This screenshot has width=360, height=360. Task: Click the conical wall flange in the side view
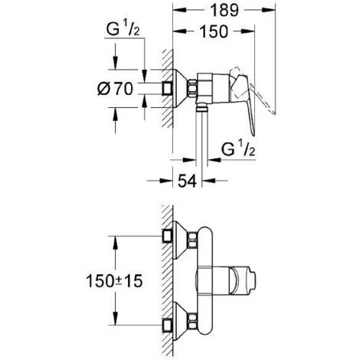[183, 89]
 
